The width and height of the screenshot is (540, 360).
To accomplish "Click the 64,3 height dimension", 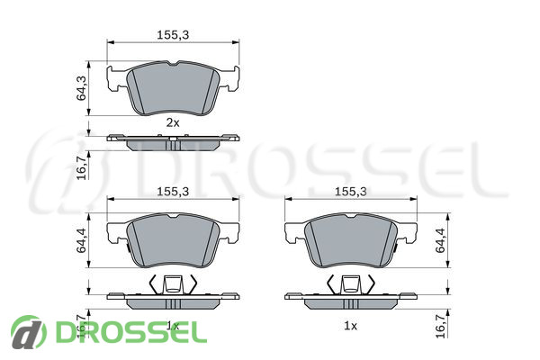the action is click(81, 88).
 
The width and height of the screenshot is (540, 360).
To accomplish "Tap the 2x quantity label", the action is click(173, 122).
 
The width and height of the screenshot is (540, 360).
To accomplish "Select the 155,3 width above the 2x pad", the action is click(173, 35).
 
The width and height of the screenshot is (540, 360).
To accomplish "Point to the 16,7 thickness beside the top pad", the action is click(81, 167).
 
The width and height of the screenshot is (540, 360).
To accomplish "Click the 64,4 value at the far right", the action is click(440, 240).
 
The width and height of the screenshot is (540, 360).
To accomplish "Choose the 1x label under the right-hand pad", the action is click(351, 326).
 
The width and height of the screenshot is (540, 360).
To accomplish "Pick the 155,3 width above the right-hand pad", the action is click(351, 192).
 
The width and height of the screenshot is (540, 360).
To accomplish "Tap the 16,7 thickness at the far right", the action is click(440, 326).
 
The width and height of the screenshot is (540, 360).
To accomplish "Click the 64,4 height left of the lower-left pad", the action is click(81, 240).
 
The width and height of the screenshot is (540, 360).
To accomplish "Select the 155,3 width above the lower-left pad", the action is click(173, 192).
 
